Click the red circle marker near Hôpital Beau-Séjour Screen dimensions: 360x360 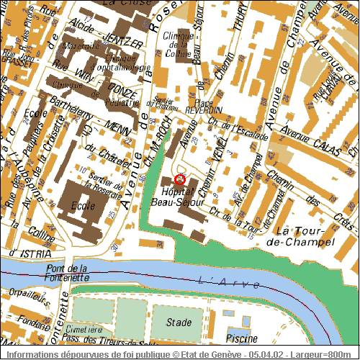click(180, 179)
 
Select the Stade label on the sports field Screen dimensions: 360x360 click(179, 322)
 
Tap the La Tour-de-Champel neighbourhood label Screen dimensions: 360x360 click(305, 235)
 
